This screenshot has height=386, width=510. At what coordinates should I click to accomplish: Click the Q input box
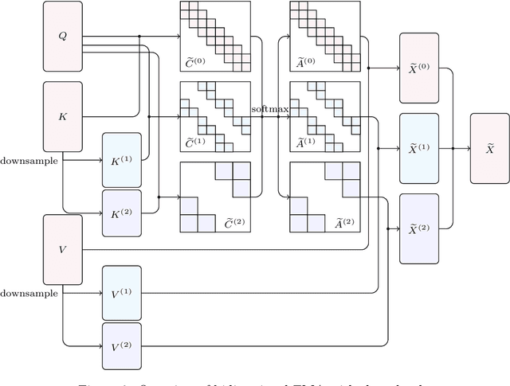(62, 36)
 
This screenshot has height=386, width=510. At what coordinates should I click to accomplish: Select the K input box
(62, 116)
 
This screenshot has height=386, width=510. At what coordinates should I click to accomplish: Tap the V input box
(62, 248)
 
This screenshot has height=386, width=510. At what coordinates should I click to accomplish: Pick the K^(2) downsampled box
(121, 213)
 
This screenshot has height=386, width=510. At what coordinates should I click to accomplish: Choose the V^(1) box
(121, 293)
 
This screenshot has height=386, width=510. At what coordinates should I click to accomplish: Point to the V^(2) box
(121, 346)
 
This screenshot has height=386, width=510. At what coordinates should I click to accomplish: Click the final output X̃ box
(491, 148)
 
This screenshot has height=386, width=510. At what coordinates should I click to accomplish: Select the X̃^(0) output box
(418, 68)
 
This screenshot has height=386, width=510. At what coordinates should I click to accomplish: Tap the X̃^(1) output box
(418, 148)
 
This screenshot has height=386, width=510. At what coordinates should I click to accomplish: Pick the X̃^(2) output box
(418, 228)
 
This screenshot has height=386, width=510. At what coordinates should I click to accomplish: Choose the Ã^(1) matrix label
(305, 143)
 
